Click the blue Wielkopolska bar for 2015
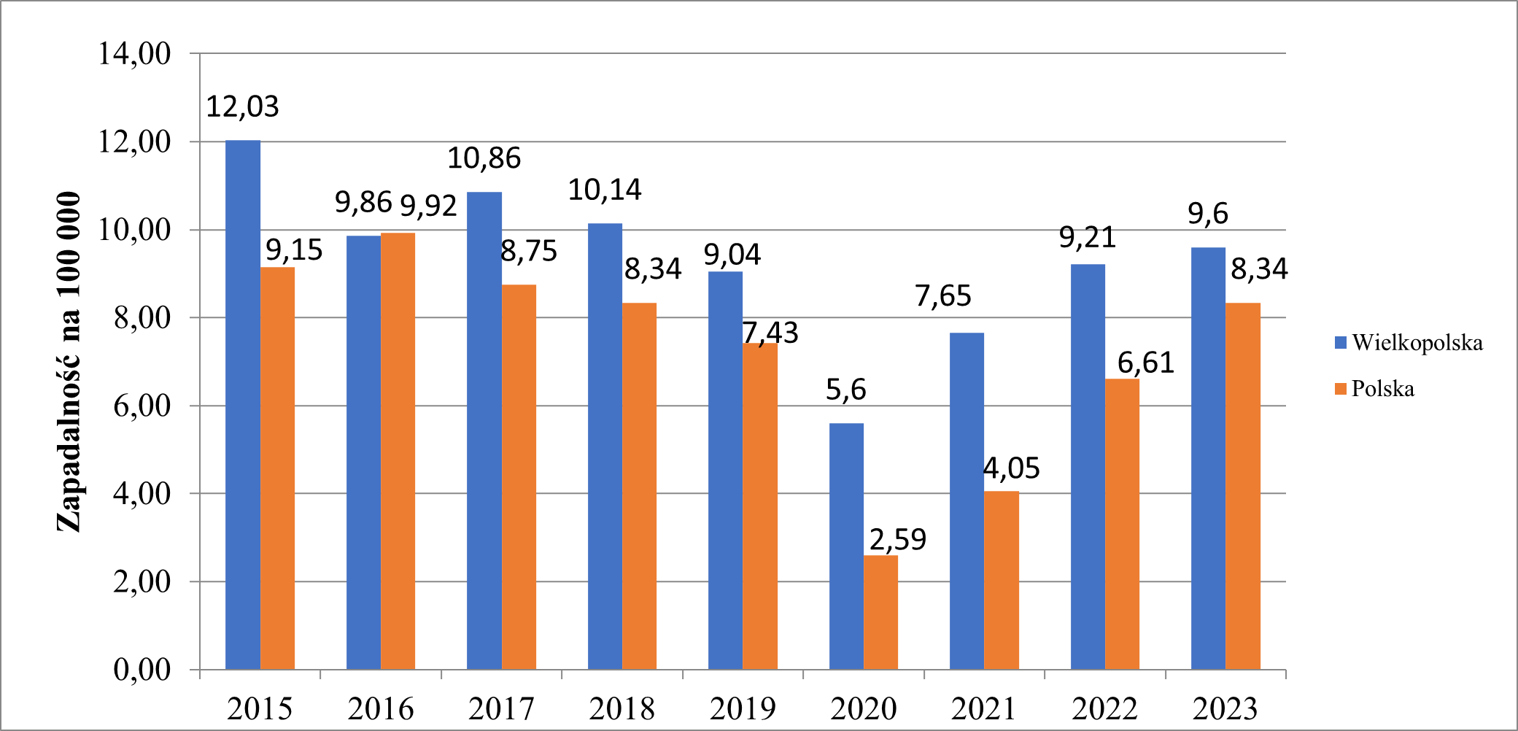[x=242, y=405]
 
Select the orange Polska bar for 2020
[x=880, y=613]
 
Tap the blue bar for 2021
[x=967, y=501]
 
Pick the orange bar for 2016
[x=398, y=451]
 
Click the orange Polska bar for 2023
[x=1242, y=486]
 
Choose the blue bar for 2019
[x=725, y=471]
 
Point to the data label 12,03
[x=242, y=107]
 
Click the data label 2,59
[x=897, y=540]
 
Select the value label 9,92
[x=428, y=206]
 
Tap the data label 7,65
[x=942, y=296]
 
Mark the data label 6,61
[x=1145, y=363]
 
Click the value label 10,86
[x=484, y=158]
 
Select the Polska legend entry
[x=1382, y=389]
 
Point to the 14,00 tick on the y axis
[x=135, y=54]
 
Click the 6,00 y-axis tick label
[x=142, y=406]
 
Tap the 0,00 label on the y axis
[x=142, y=670]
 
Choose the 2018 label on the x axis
[x=621, y=708]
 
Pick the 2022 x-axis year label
[x=1104, y=708]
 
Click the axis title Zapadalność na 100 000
[x=69, y=362]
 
